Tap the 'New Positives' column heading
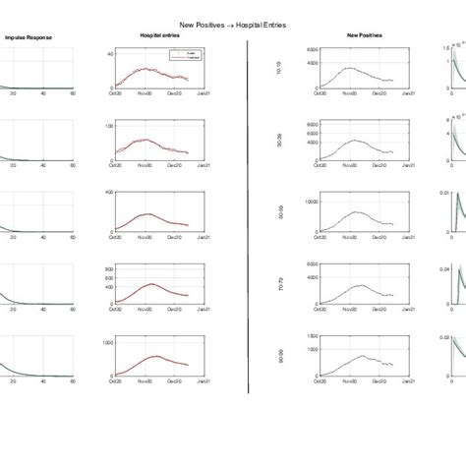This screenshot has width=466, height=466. click(366, 36)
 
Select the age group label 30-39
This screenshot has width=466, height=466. click(282, 142)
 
